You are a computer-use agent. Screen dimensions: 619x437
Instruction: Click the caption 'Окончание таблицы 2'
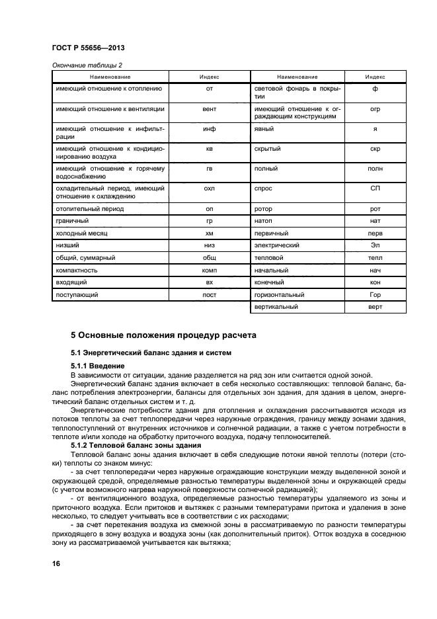pyautogui.click(x=87, y=65)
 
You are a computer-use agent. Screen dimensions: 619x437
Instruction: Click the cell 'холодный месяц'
pyautogui.click(x=81, y=233)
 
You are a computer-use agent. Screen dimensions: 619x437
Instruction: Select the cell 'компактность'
pyautogui.click(x=77, y=270)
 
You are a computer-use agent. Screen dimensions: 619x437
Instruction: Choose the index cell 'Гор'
pyautogui.click(x=375, y=294)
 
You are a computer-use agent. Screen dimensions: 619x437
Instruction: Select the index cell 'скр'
pyautogui.click(x=375, y=149)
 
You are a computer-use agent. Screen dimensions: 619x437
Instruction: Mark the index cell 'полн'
pyautogui.click(x=375, y=169)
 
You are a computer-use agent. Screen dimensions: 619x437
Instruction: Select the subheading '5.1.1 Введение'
pyautogui.click(x=97, y=366)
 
